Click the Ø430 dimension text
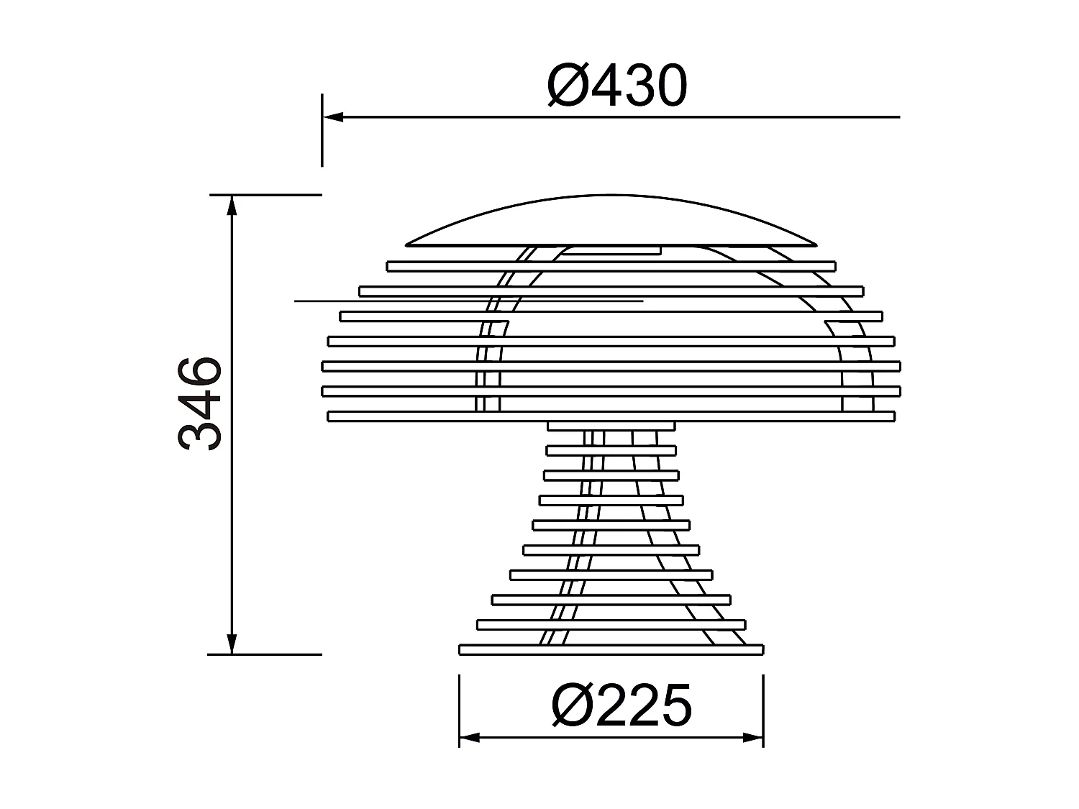tap(617, 86)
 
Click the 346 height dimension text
tap(200, 403)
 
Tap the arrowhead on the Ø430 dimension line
tap(332, 116)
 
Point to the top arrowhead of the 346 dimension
tap(232, 205)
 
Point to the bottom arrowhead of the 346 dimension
tap(232, 644)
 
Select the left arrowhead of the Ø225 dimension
tap(469, 737)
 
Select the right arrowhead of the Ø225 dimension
tap(753, 737)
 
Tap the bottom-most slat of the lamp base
tap(611, 650)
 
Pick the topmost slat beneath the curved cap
tap(611, 266)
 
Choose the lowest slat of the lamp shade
tap(611, 416)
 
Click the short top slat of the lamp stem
tap(611, 426)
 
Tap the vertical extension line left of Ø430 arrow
tap(322, 144)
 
